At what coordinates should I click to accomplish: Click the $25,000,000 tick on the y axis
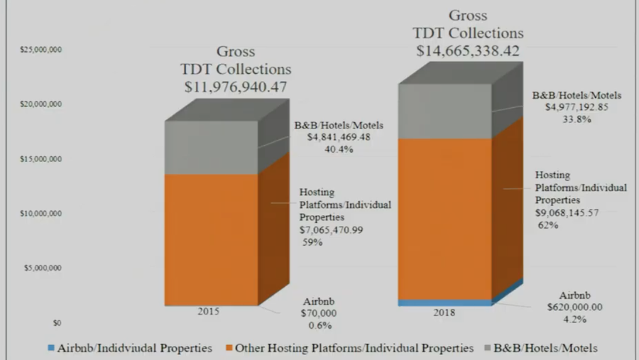pos(42,50)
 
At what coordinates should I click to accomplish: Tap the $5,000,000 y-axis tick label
pos(43,268)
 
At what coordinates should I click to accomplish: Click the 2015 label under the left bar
pos(209,311)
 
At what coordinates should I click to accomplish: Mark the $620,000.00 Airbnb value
pos(575,307)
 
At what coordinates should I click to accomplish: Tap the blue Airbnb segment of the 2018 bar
pos(444,302)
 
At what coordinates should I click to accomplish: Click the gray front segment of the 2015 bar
pos(211,147)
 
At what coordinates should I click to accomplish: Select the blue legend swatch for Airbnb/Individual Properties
pos(50,349)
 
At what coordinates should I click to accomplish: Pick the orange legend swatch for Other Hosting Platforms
pos(227,349)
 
